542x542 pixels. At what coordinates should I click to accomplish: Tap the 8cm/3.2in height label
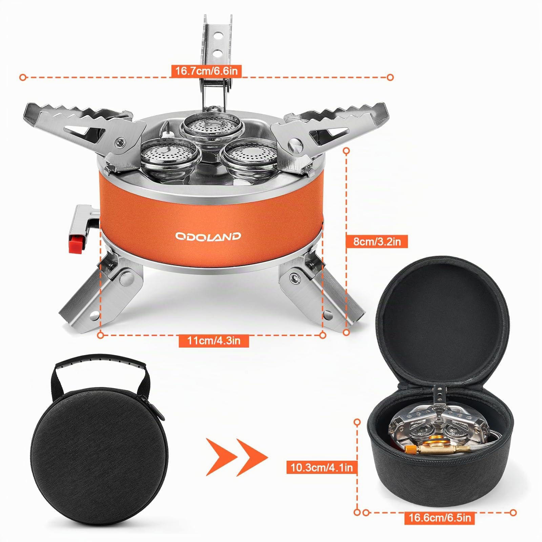click(x=377, y=242)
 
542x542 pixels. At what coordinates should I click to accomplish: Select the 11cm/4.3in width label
click(x=214, y=340)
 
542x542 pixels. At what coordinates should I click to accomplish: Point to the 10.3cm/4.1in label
click(x=321, y=467)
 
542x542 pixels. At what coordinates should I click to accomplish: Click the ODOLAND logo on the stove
click(x=208, y=236)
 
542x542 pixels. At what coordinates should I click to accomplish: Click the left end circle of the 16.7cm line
click(x=23, y=78)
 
